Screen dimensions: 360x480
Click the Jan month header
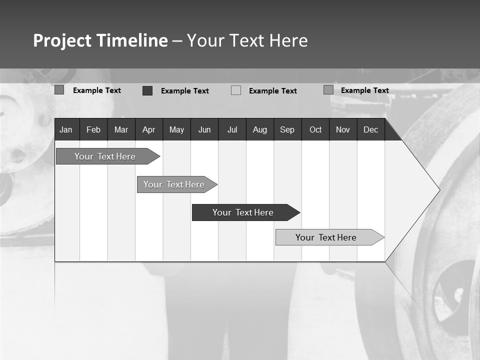tap(66, 129)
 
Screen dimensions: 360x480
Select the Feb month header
tap(93, 129)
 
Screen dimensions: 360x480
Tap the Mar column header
tap(121, 129)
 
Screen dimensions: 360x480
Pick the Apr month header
tap(149, 129)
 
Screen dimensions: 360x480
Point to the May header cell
tap(176, 129)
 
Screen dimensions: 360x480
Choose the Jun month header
tap(204, 129)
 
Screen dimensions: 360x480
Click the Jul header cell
tap(232, 129)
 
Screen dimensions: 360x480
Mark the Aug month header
tap(260, 129)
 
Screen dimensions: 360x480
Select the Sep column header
tap(287, 129)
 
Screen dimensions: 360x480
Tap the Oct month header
tap(315, 129)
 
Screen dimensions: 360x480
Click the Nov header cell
tap(343, 129)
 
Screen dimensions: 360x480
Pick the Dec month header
tap(371, 129)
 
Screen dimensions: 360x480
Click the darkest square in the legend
tap(147, 90)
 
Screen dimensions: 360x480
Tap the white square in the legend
tap(236, 90)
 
